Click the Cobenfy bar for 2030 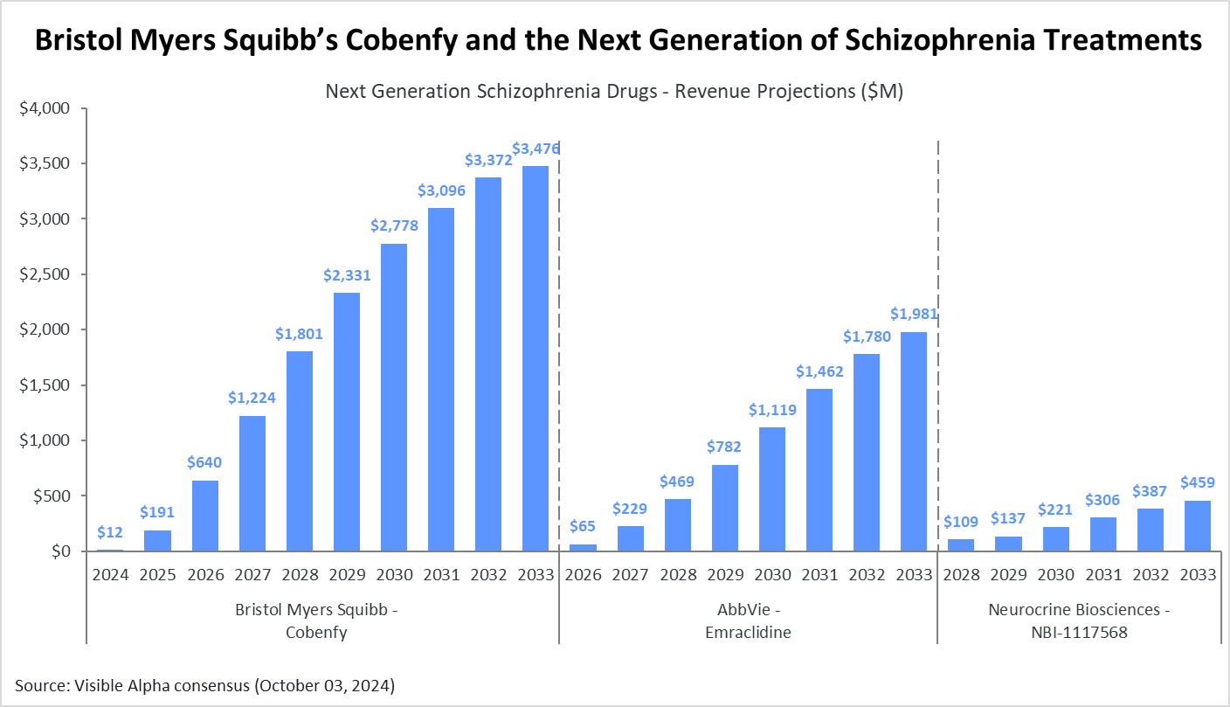click(x=394, y=397)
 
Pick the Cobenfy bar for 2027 click(x=252, y=483)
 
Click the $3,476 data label click(x=536, y=149)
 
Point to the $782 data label click(x=724, y=447)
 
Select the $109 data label click(x=961, y=522)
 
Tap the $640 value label click(x=205, y=462)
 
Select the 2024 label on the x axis click(x=110, y=576)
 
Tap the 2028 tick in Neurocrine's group click(x=961, y=576)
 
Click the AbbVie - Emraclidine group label click(x=748, y=620)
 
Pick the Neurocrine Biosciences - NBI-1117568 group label click(x=1080, y=620)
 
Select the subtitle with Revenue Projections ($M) click(x=614, y=92)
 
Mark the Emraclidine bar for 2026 click(x=582, y=547)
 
